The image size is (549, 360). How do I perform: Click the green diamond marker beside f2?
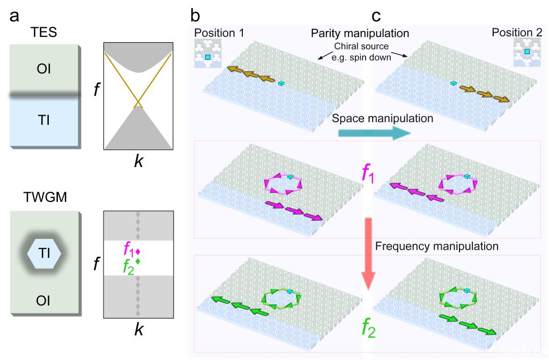coord(138,261)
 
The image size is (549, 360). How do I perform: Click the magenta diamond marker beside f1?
coord(138,251)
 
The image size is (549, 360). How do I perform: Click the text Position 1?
coord(220,32)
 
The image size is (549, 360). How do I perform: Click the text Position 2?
coord(517,33)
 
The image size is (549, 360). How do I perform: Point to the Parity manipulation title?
coord(360,33)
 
